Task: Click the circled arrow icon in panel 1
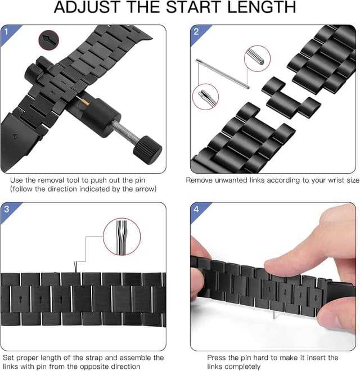pyautogui.click(x=49, y=41)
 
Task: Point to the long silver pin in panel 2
pyautogui.click(x=223, y=74)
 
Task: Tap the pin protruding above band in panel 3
pyautogui.click(x=77, y=268)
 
